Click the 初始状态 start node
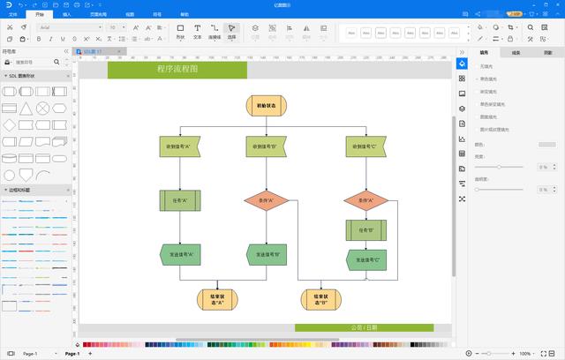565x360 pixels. tap(267, 105)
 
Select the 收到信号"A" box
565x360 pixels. tap(180, 146)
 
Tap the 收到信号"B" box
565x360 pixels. tap(267, 146)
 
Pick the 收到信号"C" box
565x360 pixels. tap(366, 146)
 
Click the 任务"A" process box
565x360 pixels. tap(180, 200)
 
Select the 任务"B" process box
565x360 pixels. tap(366, 230)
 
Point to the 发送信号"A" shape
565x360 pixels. tap(180, 254)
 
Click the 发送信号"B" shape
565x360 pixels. tap(267, 254)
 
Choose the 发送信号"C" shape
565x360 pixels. tap(366, 259)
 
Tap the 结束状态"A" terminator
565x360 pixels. tap(217, 299)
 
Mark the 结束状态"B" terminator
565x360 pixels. tap(319, 299)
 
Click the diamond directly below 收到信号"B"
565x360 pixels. tap(267, 200)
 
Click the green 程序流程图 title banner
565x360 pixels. tap(177, 70)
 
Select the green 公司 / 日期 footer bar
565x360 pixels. tap(364, 327)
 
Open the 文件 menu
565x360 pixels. tap(12, 15)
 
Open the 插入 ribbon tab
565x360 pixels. tap(68, 15)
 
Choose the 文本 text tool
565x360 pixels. tap(198, 32)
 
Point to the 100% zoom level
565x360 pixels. tap(525, 353)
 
